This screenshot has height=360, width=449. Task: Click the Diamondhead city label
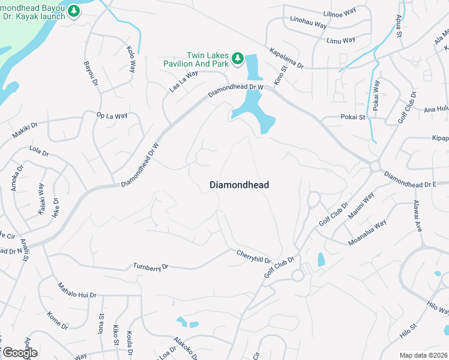pos(239,185)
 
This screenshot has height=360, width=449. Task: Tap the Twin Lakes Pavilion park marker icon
pos(238,58)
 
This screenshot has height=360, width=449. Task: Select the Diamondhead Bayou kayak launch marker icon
pos(74,11)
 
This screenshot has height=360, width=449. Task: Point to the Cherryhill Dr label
pos(253,256)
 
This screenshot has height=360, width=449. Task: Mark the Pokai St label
pos(353,117)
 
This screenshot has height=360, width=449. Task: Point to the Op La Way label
pos(112,115)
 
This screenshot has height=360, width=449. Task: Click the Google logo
pos(19,353)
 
